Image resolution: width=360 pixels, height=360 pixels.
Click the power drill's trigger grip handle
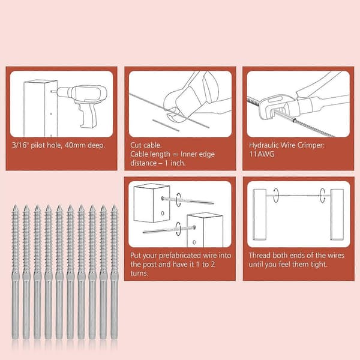pyautogui.click(x=88, y=115)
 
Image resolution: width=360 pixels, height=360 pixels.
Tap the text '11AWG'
pyautogui.click(x=262, y=154)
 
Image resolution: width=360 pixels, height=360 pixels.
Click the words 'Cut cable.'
pyautogui.click(x=146, y=145)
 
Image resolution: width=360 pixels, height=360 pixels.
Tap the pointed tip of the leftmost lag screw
pyautogui.click(x=15, y=205)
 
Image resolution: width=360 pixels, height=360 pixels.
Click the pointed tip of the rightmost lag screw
pyautogui.click(x=114, y=205)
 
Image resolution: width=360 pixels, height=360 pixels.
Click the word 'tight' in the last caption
pyautogui.click(x=319, y=265)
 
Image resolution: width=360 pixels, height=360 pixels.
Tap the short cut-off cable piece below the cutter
pyautogui.click(x=166, y=125)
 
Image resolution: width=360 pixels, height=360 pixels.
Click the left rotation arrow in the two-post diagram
pyautogui.click(x=276, y=196)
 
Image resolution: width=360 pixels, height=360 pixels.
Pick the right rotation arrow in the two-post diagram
pyautogui.click(x=323, y=196)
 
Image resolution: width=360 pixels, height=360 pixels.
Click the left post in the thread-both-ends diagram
pyautogui.click(x=259, y=215)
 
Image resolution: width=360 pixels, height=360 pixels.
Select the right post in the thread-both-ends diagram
pyautogui.click(x=337, y=215)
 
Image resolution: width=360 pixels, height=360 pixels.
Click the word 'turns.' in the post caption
pyautogui.click(x=139, y=274)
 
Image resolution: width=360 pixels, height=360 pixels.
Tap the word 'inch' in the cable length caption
pyautogui.click(x=178, y=163)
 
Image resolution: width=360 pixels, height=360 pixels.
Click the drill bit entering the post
pyautogui.click(x=54, y=92)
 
